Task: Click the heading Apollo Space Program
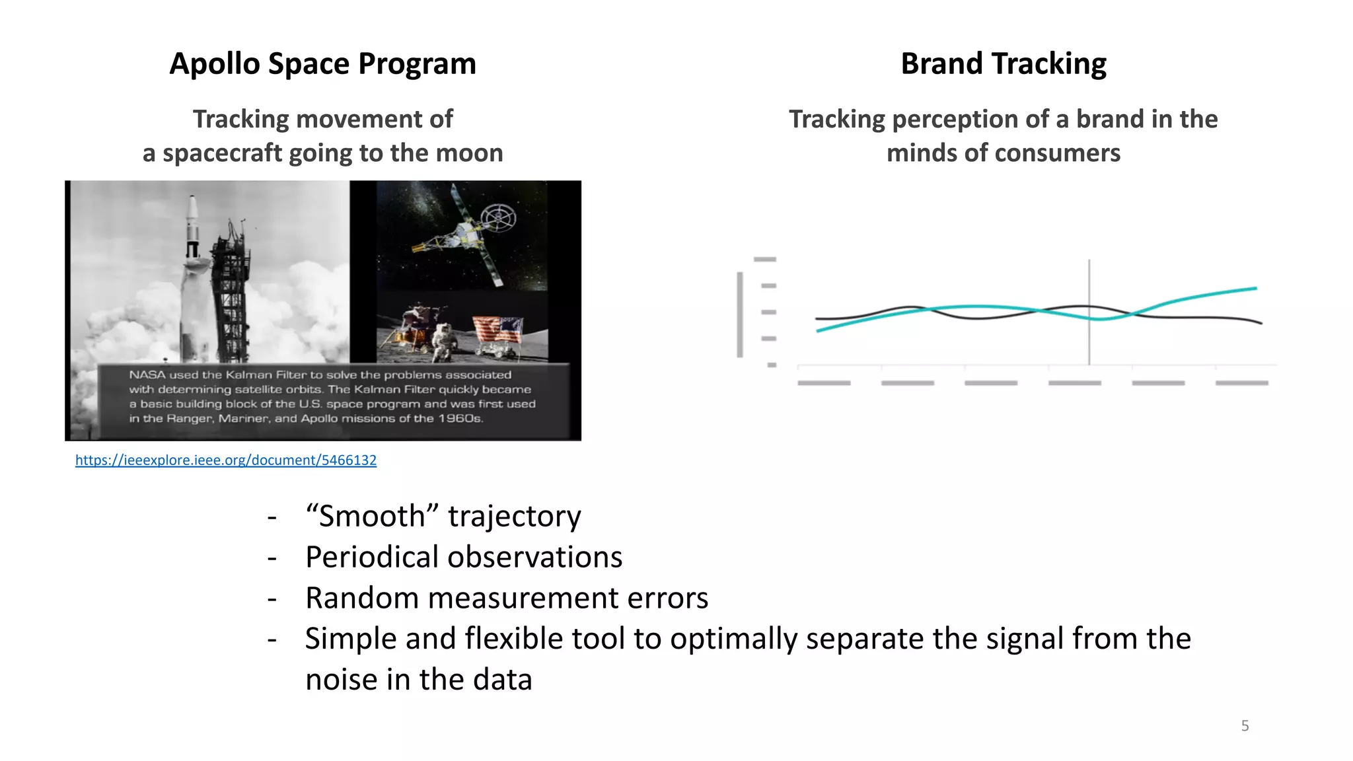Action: click(x=322, y=64)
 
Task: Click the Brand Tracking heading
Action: click(x=1003, y=64)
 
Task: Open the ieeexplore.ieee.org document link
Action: click(x=225, y=460)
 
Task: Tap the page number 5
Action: click(x=1245, y=725)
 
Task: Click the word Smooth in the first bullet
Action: click(x=371, y=516)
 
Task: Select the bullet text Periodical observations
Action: click(x=463, y=557)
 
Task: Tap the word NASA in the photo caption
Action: click(x=147, y=375)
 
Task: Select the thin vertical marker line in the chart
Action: click(x=1089, y=310)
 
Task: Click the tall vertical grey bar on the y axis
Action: click(x=740, y=314)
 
